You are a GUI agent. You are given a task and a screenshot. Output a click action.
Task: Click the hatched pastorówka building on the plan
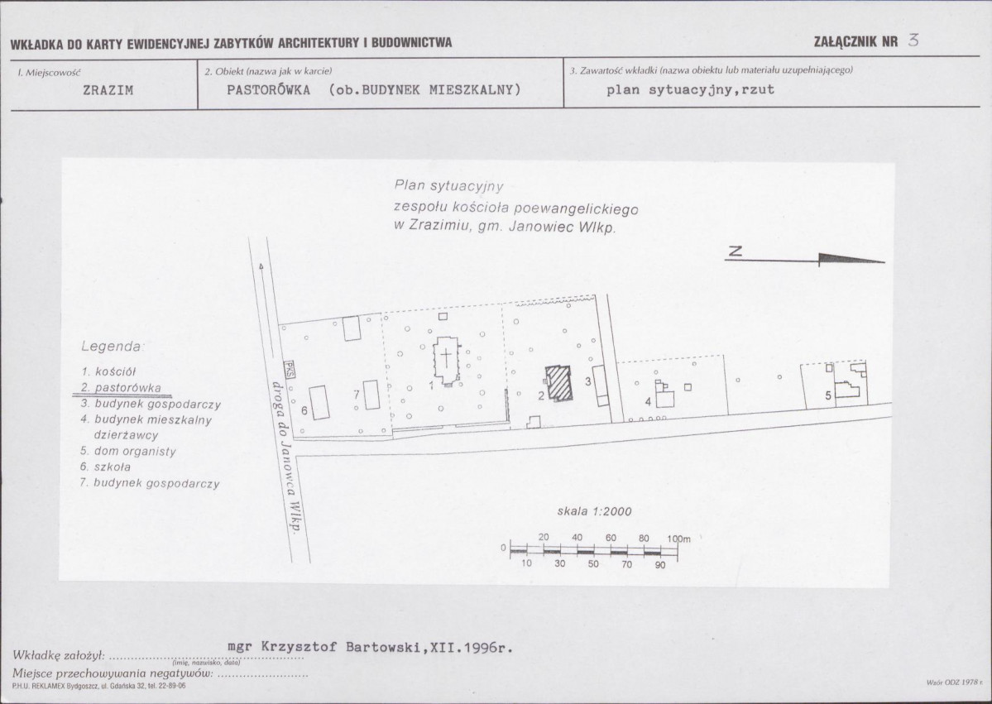[x=558, y=383]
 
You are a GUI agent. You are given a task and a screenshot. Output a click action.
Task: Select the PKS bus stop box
[x=289, y=370]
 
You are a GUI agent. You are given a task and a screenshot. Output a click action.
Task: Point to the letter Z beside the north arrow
[x=734, y=251]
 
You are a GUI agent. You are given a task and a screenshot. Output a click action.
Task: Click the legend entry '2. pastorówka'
[x=121, y=388]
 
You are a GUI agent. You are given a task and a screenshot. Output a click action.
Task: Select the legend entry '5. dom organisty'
[x=127, y=451]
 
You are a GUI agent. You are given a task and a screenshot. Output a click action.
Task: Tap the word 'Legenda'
[x=113, y=347]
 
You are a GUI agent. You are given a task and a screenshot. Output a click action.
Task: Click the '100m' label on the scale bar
[x=678, y=539]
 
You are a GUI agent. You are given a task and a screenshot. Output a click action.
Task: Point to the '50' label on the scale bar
[x=592, y=563]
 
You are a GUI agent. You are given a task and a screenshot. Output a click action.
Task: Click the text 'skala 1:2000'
[x=594, y=512]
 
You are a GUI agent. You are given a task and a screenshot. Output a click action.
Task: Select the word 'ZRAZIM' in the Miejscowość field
[x=108, y=90]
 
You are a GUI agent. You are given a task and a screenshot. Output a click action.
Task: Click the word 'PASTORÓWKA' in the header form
[x=268, y=90]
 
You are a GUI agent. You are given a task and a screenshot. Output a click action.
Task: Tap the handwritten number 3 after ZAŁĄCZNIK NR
[x=913, y=41]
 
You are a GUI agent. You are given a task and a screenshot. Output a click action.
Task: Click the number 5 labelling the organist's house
[x=828, y=396]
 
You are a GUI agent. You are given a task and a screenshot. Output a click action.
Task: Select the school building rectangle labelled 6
[x=319, y=402]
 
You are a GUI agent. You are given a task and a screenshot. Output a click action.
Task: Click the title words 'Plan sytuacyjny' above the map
[x=449, y=186]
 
